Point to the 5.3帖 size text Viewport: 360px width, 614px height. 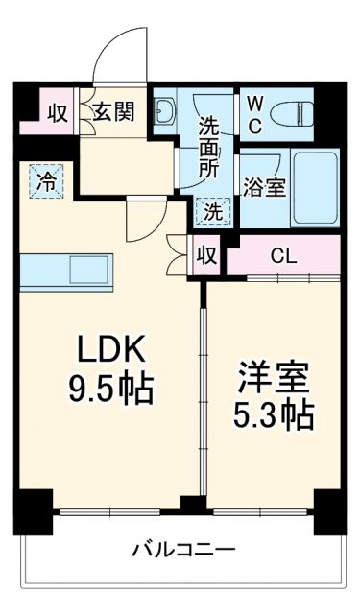point(274,414)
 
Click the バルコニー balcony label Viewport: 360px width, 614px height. point(182,552)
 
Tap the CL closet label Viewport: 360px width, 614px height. point(282,255)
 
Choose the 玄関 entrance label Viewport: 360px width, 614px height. point(112,112)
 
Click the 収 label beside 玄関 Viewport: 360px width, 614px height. point(57,112)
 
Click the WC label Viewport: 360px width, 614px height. point(254,112)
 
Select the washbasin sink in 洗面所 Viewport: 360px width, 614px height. point(164,113)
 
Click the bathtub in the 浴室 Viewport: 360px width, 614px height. point(315,187)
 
